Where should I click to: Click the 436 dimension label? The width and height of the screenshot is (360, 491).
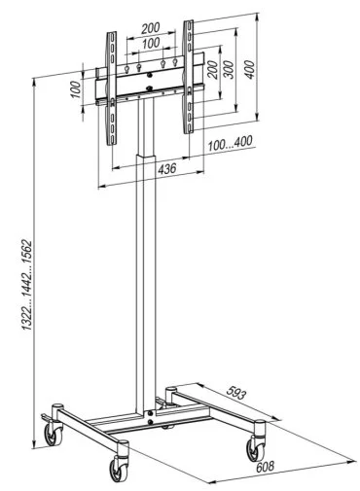(167, 169)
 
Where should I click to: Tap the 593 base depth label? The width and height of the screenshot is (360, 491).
(236, 393)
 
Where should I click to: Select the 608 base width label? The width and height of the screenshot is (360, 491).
(266, 467)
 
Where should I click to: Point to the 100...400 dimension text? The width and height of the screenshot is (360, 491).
(230, 143)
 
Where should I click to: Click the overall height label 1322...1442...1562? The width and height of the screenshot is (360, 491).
(26, 285)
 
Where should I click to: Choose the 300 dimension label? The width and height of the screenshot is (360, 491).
(229, 69)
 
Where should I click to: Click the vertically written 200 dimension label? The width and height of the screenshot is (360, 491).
(212, 69)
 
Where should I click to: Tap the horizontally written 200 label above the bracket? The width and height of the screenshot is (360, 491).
(151, 28)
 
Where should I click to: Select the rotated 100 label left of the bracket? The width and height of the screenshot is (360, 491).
(75, 89)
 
